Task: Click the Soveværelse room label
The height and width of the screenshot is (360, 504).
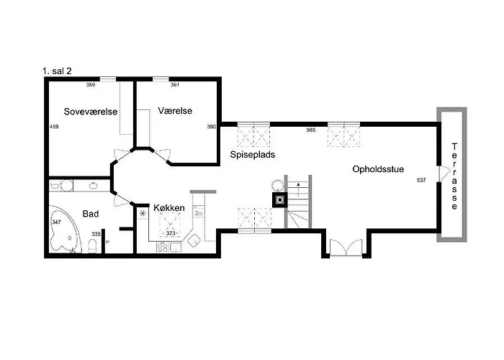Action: [x=91, y=112]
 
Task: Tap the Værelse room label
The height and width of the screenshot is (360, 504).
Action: [x=175, y=111]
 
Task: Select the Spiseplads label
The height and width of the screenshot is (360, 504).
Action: [x=253, y=155]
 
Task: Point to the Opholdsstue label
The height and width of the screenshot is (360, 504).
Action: [x=378, y=169]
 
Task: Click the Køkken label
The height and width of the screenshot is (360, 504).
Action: [x=169, y=207]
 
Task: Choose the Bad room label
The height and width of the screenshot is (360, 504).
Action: [x=91, y=214]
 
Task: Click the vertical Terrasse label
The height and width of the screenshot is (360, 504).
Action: [x=454, y=176]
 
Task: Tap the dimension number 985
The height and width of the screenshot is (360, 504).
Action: [x=311, y=130]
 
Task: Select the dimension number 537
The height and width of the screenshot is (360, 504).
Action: [x=421, y=180]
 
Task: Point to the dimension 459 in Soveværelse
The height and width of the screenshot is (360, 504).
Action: [x=54, y=127]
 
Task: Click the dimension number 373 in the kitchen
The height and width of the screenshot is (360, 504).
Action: [x=171, y=233]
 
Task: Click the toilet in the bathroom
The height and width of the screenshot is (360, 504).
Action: [x=92, y=246]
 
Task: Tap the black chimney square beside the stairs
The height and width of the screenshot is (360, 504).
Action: [x=280, y=200]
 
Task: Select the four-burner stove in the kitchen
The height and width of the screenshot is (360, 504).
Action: [x=162, y=248]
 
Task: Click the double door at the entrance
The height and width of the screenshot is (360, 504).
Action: [x=346, y=248]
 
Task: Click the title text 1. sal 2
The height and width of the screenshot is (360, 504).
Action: [x=57, y=71]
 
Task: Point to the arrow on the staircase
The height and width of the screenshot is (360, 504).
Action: [x=299, y=189]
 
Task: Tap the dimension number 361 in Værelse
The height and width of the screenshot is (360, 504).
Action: [x=175, y=85]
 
